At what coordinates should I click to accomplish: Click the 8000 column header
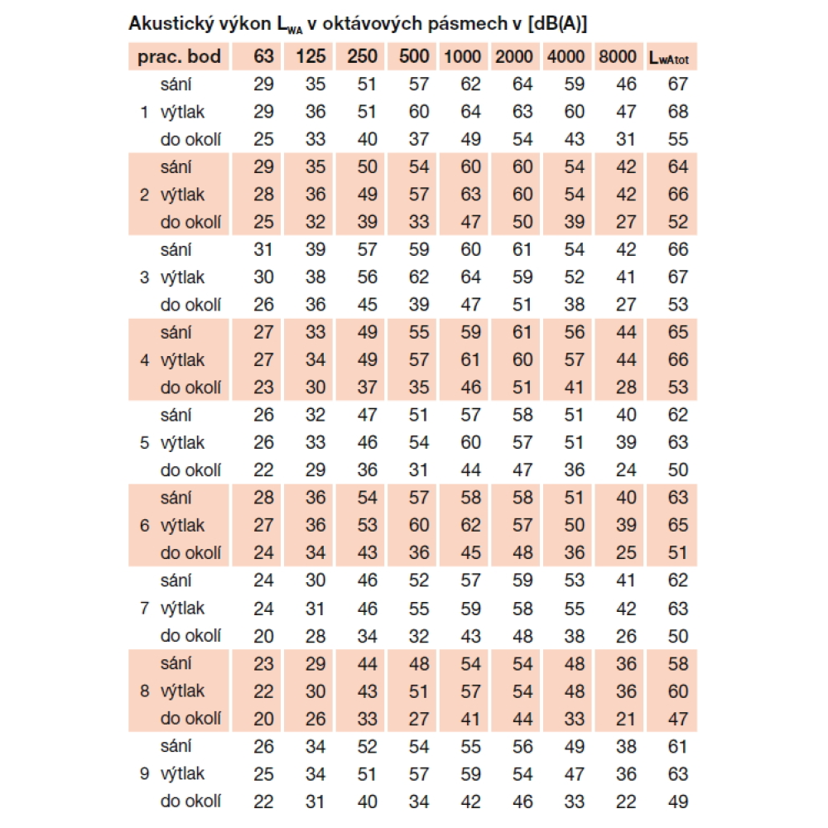(x=616, y=56)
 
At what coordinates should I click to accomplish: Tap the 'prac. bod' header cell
(x=180, y=56)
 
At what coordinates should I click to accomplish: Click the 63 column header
(x=263, y=56)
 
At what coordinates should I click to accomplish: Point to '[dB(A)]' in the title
(x=558, y=24)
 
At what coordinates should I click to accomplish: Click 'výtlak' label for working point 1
(x=182, y=112)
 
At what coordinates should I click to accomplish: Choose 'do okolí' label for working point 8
(x=190, y=718)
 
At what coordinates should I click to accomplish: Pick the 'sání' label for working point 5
(x=176, y=415)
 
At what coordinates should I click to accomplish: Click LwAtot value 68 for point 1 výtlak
(x=678, y=112)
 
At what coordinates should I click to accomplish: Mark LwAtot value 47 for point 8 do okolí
(x=678, y=718)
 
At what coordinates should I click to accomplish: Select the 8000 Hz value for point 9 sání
(x=626, y=746)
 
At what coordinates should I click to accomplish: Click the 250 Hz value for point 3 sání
(x=367, y=249)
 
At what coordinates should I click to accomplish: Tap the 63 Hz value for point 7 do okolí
(x=263, y=635)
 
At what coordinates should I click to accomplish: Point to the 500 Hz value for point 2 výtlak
(x=419, y=195)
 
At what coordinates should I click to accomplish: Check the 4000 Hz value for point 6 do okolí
(x=574, y=552)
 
